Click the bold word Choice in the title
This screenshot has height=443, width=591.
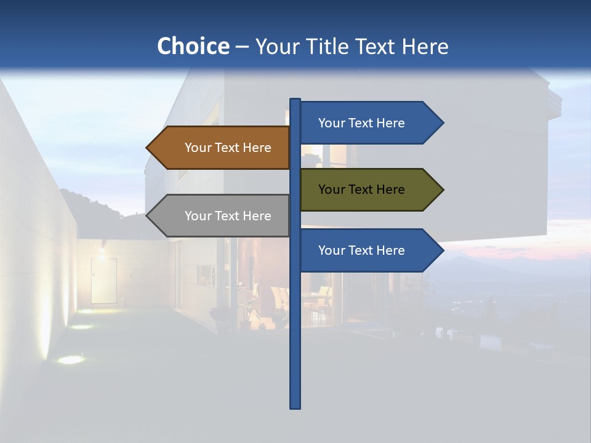193,46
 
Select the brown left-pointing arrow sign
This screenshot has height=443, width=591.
222,148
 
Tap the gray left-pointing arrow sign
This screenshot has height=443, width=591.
222,216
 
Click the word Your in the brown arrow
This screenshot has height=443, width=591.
198,148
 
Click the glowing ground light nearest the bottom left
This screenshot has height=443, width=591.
71,359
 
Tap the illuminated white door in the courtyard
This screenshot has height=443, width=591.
103,280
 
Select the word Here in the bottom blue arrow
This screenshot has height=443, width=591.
390,250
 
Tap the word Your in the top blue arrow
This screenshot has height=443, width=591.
331,123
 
